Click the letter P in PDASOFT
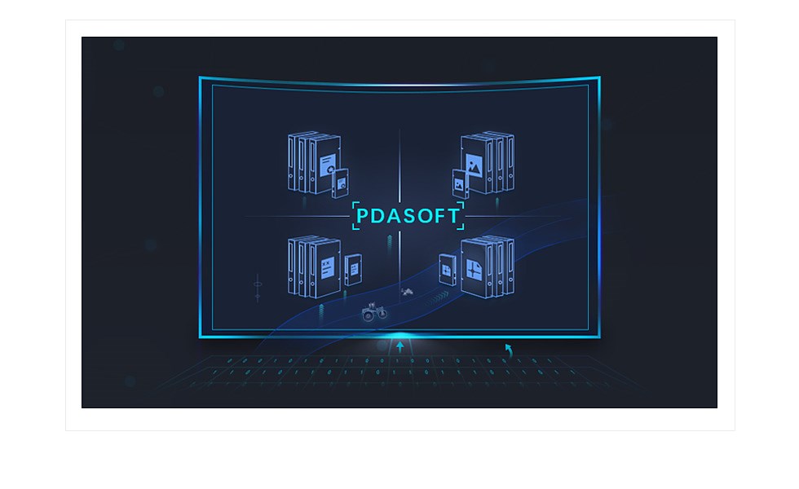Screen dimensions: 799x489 (x=362, y=215)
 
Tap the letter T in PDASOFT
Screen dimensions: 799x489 (x=452, y=215)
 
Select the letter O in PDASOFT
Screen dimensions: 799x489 (x=422, y=215)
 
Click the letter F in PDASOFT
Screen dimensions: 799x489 (x=439, y=215)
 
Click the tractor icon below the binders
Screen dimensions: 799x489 (x=374, y=311)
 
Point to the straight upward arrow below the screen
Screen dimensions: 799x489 (x=400, y=347)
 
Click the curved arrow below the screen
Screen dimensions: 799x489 (x=509, y=350)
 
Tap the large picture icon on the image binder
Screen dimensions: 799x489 (x=474, y=166)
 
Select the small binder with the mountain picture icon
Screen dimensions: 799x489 (x=460, y=183)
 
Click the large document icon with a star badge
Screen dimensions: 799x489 (x=328, y=165)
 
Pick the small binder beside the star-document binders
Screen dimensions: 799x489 (x=340, y=183)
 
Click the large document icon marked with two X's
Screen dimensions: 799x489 (x=327, y=268)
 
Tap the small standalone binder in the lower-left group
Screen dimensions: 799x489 (x=353, y=270)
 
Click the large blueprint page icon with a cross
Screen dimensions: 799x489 (x=474, y=267)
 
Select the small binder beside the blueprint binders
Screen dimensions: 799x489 (x=447, y=270)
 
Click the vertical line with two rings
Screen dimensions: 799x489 (x=258, y=289)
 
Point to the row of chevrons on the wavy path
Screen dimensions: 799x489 (x=437, y=298)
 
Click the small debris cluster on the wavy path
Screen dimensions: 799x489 (x=407, y=292)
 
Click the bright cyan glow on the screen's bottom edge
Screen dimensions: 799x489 (x=400, y=336)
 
